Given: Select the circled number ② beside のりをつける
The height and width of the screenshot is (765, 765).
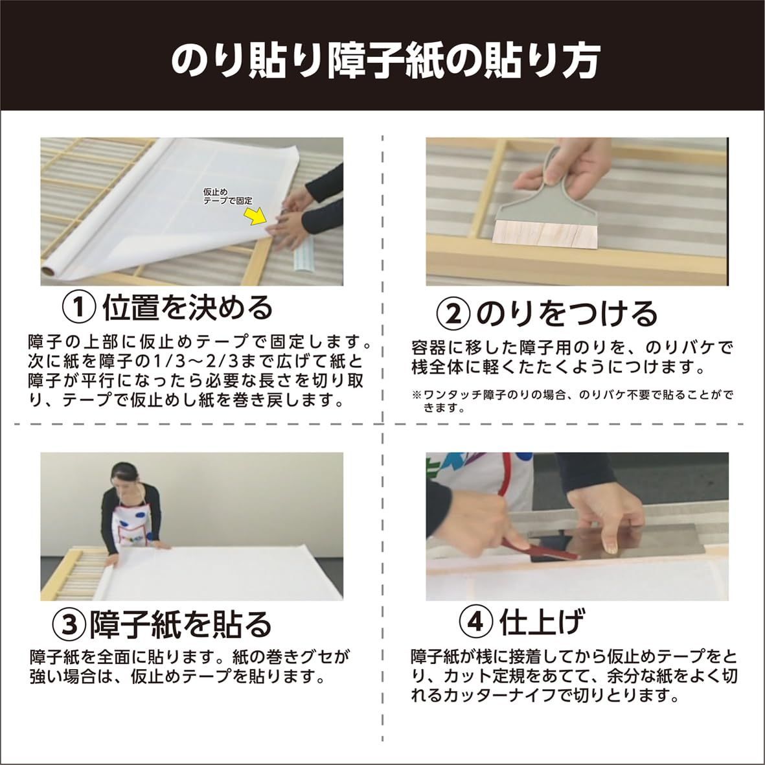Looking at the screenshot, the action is click(453, 314).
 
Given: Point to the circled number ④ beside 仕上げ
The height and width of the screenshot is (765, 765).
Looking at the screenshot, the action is click(476, 621).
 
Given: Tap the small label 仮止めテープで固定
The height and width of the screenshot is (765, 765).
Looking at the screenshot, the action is click(228, 196).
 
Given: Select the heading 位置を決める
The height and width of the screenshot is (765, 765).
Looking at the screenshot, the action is click(187, 308).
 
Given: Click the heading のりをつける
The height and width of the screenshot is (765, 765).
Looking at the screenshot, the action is click(567, 314).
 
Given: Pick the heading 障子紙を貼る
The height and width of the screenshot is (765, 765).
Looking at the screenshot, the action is click(180, 624).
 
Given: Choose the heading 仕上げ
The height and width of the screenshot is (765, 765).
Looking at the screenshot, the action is click(541, 621).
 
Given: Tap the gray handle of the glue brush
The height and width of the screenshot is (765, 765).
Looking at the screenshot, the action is click(551, 185).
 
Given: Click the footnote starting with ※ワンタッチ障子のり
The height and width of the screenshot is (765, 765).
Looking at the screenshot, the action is click(572, 401).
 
